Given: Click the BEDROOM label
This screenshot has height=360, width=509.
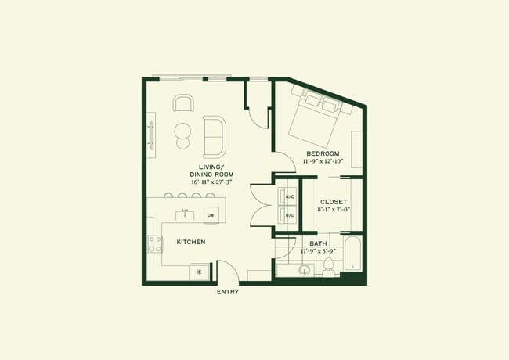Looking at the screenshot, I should pyautogui.click(x=323, y=153).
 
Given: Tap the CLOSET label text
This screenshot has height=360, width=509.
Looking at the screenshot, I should pyautogui.click(x=334, y=201).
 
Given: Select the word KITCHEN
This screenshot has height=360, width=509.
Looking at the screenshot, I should pyautogui.click(x=190, y=243).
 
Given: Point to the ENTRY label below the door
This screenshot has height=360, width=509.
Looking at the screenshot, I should pyautogui.click(x=227, y=292).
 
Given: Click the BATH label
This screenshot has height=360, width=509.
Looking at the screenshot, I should pyautogui.click(x=318, y=243).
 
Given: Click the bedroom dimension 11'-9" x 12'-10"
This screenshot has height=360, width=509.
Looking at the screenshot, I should pyautogui.click(x=323, y=160).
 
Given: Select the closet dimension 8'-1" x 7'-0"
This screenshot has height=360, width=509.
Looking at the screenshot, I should pyautogui.click(x=334, y=209).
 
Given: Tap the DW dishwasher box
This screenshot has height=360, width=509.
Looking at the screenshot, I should pyautogui.click(x=211, y=214).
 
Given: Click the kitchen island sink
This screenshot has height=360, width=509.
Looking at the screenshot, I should pyautogui.click(x=185, y=213).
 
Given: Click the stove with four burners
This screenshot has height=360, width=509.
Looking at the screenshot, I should pyautogui.click(x=154, y=244).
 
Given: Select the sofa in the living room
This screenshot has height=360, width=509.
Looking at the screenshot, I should pyautogui.click(x=214, y=136).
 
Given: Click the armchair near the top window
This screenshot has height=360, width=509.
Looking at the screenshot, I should pyautogui.click(x=184, y=104).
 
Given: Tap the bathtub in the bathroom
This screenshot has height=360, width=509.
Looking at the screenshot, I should pyautogui.click(x=353, y=254).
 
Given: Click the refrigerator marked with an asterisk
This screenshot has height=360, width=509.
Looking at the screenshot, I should pyautogui.click(x=199, y=272).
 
